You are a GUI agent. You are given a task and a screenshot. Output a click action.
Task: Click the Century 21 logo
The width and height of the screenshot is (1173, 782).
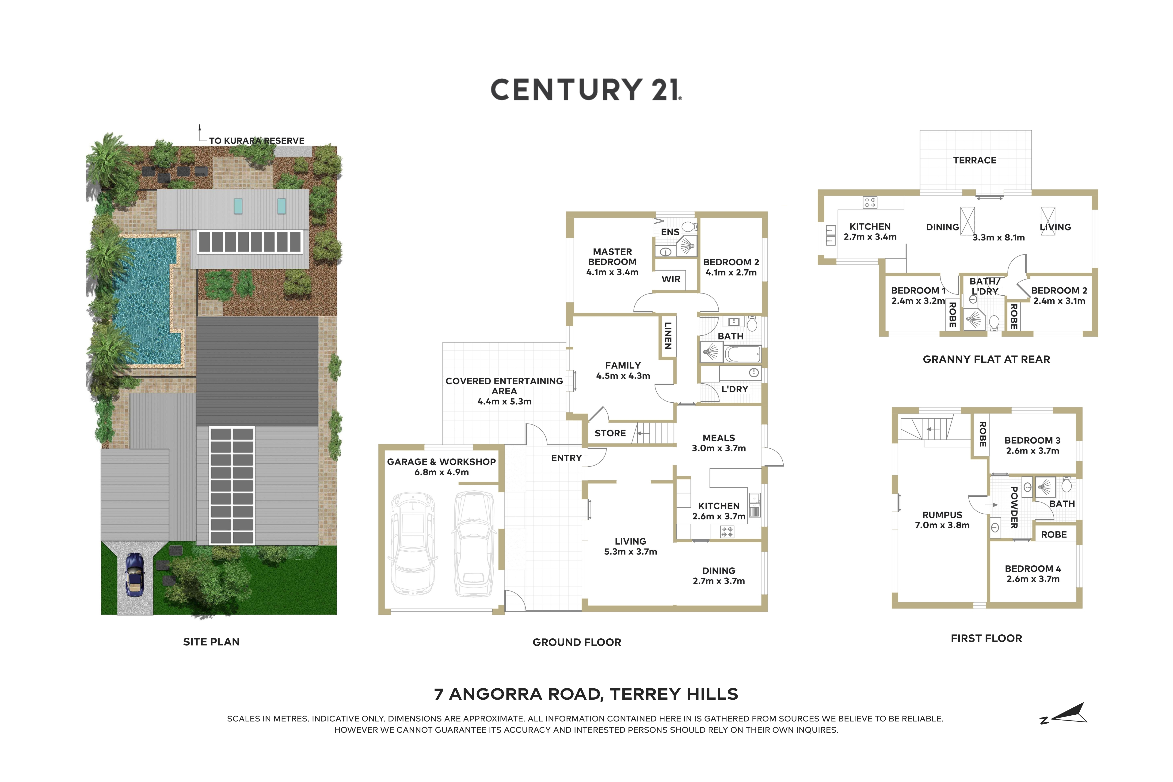[x=586, y=90]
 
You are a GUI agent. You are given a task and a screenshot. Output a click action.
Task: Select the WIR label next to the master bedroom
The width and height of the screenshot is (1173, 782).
[x=671, y=279]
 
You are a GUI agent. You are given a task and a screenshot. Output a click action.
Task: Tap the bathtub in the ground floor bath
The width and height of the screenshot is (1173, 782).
[x=742, y=354]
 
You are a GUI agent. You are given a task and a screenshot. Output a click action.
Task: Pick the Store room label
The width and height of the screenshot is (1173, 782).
[x=610, y=433]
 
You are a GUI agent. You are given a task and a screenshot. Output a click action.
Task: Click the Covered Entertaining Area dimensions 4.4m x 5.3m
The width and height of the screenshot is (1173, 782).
[x=504, y=401]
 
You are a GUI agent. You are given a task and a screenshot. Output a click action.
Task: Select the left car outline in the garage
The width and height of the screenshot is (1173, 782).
[x=412, y=544]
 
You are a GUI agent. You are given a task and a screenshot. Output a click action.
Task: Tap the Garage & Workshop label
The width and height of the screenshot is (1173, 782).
[x=441, y=462]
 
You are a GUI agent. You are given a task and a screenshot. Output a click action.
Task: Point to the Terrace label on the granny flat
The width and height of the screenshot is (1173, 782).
[x=975, y=160]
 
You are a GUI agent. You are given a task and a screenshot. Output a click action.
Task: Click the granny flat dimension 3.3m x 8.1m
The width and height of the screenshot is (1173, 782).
[x=998, y=237]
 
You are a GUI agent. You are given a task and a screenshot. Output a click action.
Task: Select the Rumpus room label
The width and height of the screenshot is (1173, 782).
[x=942, y=515]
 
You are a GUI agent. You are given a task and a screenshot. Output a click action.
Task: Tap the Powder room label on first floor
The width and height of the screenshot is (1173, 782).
[x=1014, y=507]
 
